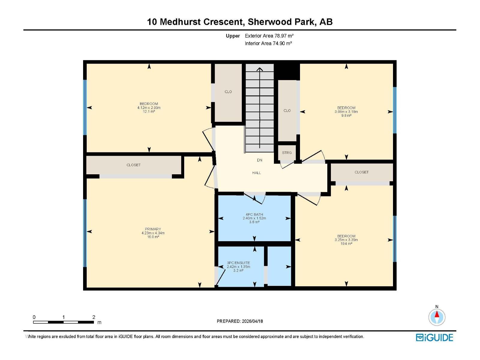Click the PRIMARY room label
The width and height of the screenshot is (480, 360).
153,229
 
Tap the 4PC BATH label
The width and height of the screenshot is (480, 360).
254,214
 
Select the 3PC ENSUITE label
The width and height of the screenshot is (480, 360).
238,263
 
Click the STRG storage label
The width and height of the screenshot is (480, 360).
287,153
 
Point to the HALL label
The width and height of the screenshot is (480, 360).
256,173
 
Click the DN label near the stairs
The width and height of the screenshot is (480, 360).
259,160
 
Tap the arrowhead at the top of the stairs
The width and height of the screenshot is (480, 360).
260,69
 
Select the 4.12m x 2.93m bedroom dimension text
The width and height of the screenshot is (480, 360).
149,108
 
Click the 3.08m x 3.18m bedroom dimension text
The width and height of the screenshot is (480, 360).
346,112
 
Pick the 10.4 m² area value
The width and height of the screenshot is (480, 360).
346,244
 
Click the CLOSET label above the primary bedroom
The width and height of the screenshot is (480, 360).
133,165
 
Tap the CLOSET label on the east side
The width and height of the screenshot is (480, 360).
361,172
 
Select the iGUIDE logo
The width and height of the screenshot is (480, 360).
434,337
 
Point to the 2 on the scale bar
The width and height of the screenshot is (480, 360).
94,317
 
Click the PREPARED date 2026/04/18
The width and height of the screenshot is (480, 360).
252,321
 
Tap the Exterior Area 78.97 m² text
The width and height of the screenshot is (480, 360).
269,36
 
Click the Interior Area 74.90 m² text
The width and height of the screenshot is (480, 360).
268,43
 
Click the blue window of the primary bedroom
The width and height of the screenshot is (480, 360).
85,233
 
